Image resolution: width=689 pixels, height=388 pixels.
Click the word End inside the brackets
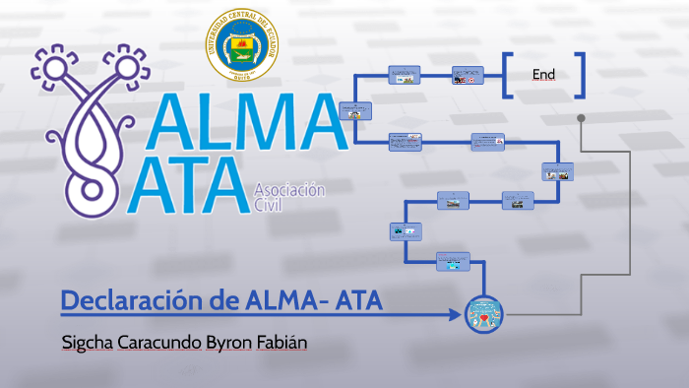543,74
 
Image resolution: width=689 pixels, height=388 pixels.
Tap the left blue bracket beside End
507,75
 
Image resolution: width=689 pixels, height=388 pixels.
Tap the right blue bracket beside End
581,75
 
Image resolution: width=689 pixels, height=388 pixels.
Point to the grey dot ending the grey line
582,118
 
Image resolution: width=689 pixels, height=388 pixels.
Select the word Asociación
289,191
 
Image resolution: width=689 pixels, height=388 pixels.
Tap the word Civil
268,207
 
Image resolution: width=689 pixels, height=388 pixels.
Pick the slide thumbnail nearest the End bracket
468,75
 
